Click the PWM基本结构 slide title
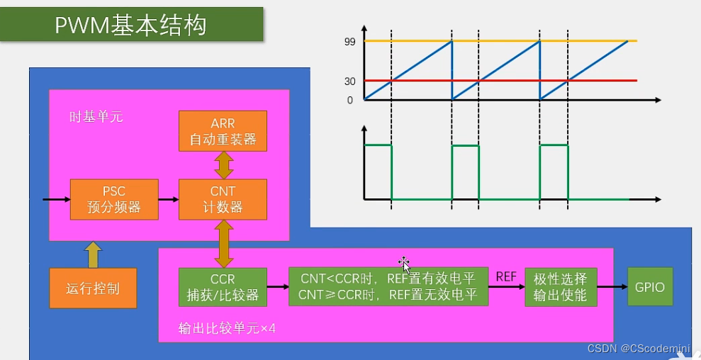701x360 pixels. [131, 25]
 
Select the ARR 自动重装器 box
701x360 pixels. [223, 131]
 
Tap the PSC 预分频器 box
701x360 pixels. [113, 199]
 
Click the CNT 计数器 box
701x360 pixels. [223, 199]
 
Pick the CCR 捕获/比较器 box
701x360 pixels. [223, 287]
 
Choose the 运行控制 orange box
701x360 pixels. [93, 288]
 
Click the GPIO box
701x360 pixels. [650, 287]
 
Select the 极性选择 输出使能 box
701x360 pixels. [561, 287]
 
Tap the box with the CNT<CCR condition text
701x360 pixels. [388, 287]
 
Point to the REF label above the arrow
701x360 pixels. [506, 276]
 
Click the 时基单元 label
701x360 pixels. [96, 116]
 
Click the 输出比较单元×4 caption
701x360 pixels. [227, 330]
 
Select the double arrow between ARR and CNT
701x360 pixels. [224, 165]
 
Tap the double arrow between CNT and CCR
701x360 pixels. [224, 243]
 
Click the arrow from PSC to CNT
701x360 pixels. [168, 200]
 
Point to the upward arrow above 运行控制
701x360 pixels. [93, 254]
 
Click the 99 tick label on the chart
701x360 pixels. [349, 43]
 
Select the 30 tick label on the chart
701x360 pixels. [349, 81]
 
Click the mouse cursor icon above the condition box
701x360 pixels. [404, 264]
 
